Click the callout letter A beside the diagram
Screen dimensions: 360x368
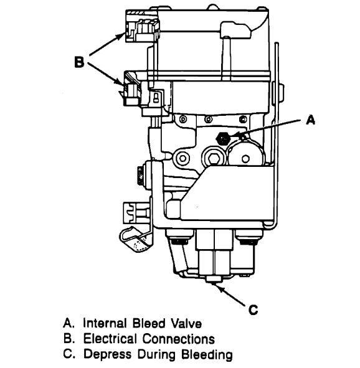310,120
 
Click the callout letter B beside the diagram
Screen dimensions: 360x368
79,62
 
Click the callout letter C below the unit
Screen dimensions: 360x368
253,309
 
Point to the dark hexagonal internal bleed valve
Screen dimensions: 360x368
222,138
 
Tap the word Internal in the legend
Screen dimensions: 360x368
105,323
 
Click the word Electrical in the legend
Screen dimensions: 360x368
110,339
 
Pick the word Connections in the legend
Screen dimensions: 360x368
178,339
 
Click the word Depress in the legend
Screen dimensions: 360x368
107,355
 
